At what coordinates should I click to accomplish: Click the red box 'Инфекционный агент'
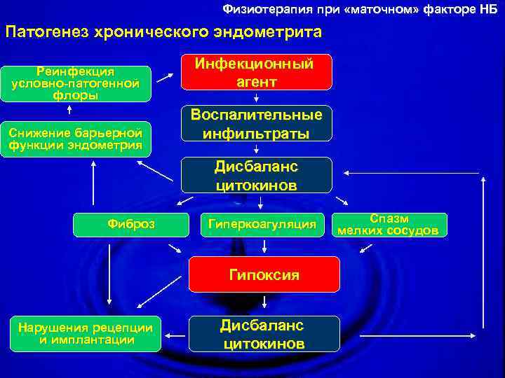(x=256, y=72)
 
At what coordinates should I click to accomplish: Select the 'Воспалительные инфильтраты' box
(x=256, y=124)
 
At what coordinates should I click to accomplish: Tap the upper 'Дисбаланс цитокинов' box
(x=256, y=175)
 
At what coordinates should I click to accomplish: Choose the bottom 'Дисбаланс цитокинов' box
(x=264, y=334)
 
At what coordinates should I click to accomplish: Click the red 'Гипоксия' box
(x=264, y=274)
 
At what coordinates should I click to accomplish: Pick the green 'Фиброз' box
(x=131, y=224)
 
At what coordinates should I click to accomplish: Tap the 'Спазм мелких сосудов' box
(x=390, y=224)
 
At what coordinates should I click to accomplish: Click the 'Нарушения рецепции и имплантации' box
(x=86, y=333)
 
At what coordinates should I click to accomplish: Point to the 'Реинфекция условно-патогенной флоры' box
(x=76, y=84)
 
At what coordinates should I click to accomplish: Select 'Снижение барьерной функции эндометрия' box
(x=76, y=139)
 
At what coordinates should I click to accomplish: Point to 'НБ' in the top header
(x=488, y=8)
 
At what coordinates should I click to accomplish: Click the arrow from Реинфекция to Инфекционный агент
(x=166, y=77)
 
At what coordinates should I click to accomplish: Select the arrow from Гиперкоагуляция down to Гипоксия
(x=264, y=245)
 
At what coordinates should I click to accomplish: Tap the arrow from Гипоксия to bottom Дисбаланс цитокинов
(x=264, y=303)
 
